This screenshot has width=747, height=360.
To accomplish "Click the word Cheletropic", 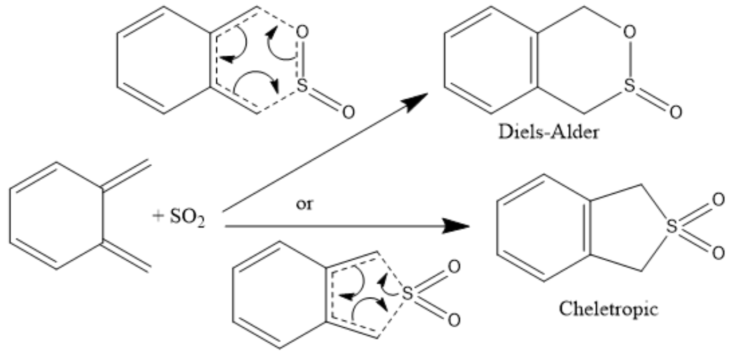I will click(609, 309).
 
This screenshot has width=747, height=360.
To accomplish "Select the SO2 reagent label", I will click(188, 219).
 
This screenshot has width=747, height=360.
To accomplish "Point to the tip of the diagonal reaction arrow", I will click(427, 94).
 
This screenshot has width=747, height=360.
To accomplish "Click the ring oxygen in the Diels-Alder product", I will click(630, 33).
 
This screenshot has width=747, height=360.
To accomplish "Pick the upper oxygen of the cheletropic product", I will click(718, 200).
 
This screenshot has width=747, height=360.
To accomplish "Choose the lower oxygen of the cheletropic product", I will click(718, 252).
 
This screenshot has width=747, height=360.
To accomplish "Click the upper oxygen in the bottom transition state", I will click(453, 267).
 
